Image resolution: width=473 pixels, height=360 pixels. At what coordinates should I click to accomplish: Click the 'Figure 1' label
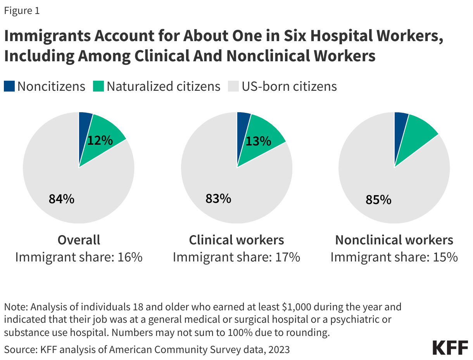[22, 11]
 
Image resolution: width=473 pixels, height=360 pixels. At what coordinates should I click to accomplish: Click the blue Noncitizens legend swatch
[9, 86]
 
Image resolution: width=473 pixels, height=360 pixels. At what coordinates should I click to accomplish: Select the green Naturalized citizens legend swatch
[98, 86]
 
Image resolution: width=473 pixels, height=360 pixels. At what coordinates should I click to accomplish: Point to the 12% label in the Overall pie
[100, 140]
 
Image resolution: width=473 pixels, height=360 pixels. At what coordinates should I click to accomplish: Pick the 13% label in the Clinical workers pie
[258, 141]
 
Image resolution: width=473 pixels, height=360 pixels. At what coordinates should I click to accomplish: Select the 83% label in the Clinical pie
[218, 199]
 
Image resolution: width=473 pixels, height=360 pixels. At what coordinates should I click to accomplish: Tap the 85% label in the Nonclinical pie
[378, 200]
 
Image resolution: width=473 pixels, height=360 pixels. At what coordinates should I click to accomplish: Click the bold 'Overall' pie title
[79, 240]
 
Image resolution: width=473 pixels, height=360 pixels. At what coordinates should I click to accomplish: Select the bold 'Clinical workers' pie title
[236, 240]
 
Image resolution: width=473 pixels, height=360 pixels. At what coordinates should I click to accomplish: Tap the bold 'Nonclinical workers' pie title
[394, 240]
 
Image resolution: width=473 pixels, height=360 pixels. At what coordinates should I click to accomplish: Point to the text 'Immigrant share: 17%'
[236, 257]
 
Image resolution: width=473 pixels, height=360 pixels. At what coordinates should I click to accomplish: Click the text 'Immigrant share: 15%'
[394, 257]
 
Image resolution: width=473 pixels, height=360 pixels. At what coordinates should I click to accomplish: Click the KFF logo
[450, 348]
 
